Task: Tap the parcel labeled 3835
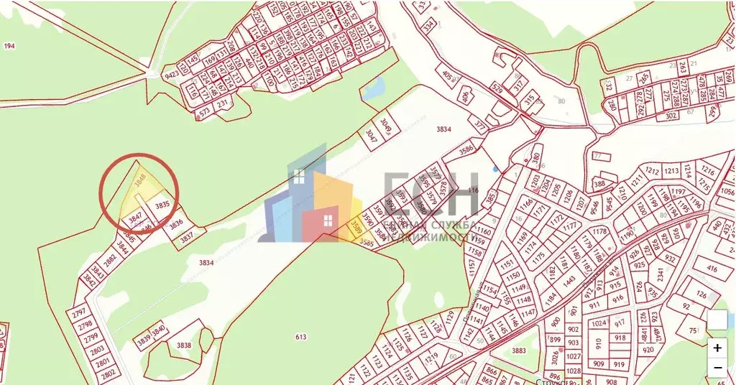[162, 205]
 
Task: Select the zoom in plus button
[718, 348]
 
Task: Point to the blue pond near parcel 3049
[373, 89]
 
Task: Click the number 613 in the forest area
[300, 337]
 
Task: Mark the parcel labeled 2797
[79, 312]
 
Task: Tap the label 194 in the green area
[9, 46]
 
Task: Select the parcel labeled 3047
[370, 134]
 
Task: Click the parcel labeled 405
[448, 75]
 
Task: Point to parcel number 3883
[520, 351]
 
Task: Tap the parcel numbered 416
[712, 269]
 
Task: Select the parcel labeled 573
[204, 112]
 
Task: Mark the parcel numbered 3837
[186, 236]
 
